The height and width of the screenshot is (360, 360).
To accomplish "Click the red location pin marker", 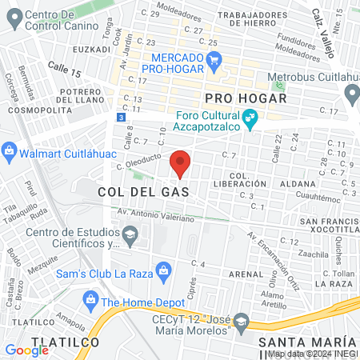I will pyautogui.click(x=181, y=162).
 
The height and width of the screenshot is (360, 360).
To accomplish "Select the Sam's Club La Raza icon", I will pyautogui.click(x=163, y=269).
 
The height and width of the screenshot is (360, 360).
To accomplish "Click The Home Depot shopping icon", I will pyautogui.click(x=90, y=302).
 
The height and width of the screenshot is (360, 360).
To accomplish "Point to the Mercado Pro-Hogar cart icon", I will pyautogui.click(x=213, y=59).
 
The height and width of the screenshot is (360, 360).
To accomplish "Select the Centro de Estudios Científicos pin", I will pyautogui.click(x=133, y=235).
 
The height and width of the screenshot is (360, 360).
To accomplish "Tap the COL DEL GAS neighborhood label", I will pyautogui.click(x=144, y=192).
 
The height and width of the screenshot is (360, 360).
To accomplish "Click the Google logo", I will pyautogui.click(x=27, y=350).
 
